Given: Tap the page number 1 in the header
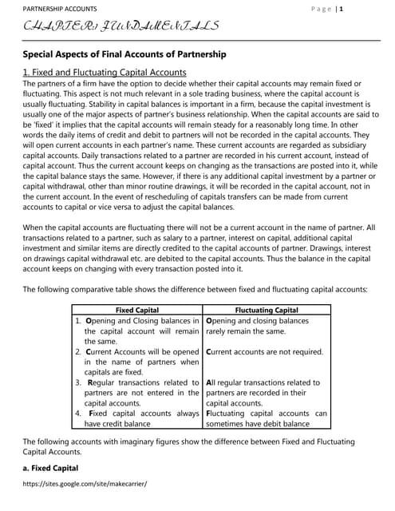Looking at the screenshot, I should pos(364,9).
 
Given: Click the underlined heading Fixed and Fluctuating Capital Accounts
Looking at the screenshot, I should pos(105,72).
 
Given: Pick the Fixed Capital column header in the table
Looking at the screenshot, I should pos(136,310).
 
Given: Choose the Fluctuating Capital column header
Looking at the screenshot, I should pos(266,310).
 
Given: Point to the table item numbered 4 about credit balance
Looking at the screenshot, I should pos(136,418).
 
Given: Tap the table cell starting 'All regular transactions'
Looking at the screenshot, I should pos(263,393).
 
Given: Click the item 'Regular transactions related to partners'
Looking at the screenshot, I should pos(136,393).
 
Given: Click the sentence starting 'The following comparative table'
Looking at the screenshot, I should pos(195,289).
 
